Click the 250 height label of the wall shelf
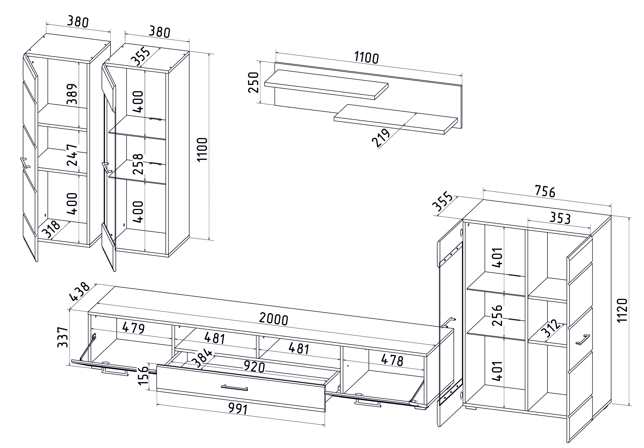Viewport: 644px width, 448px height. click(253, 82)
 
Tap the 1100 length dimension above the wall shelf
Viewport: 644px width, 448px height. click(366, 58)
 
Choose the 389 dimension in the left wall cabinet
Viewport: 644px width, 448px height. click(72, 94)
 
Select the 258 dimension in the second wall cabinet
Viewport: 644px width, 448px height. click(138, 164)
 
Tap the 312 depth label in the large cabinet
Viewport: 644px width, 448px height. click(551, 328)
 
